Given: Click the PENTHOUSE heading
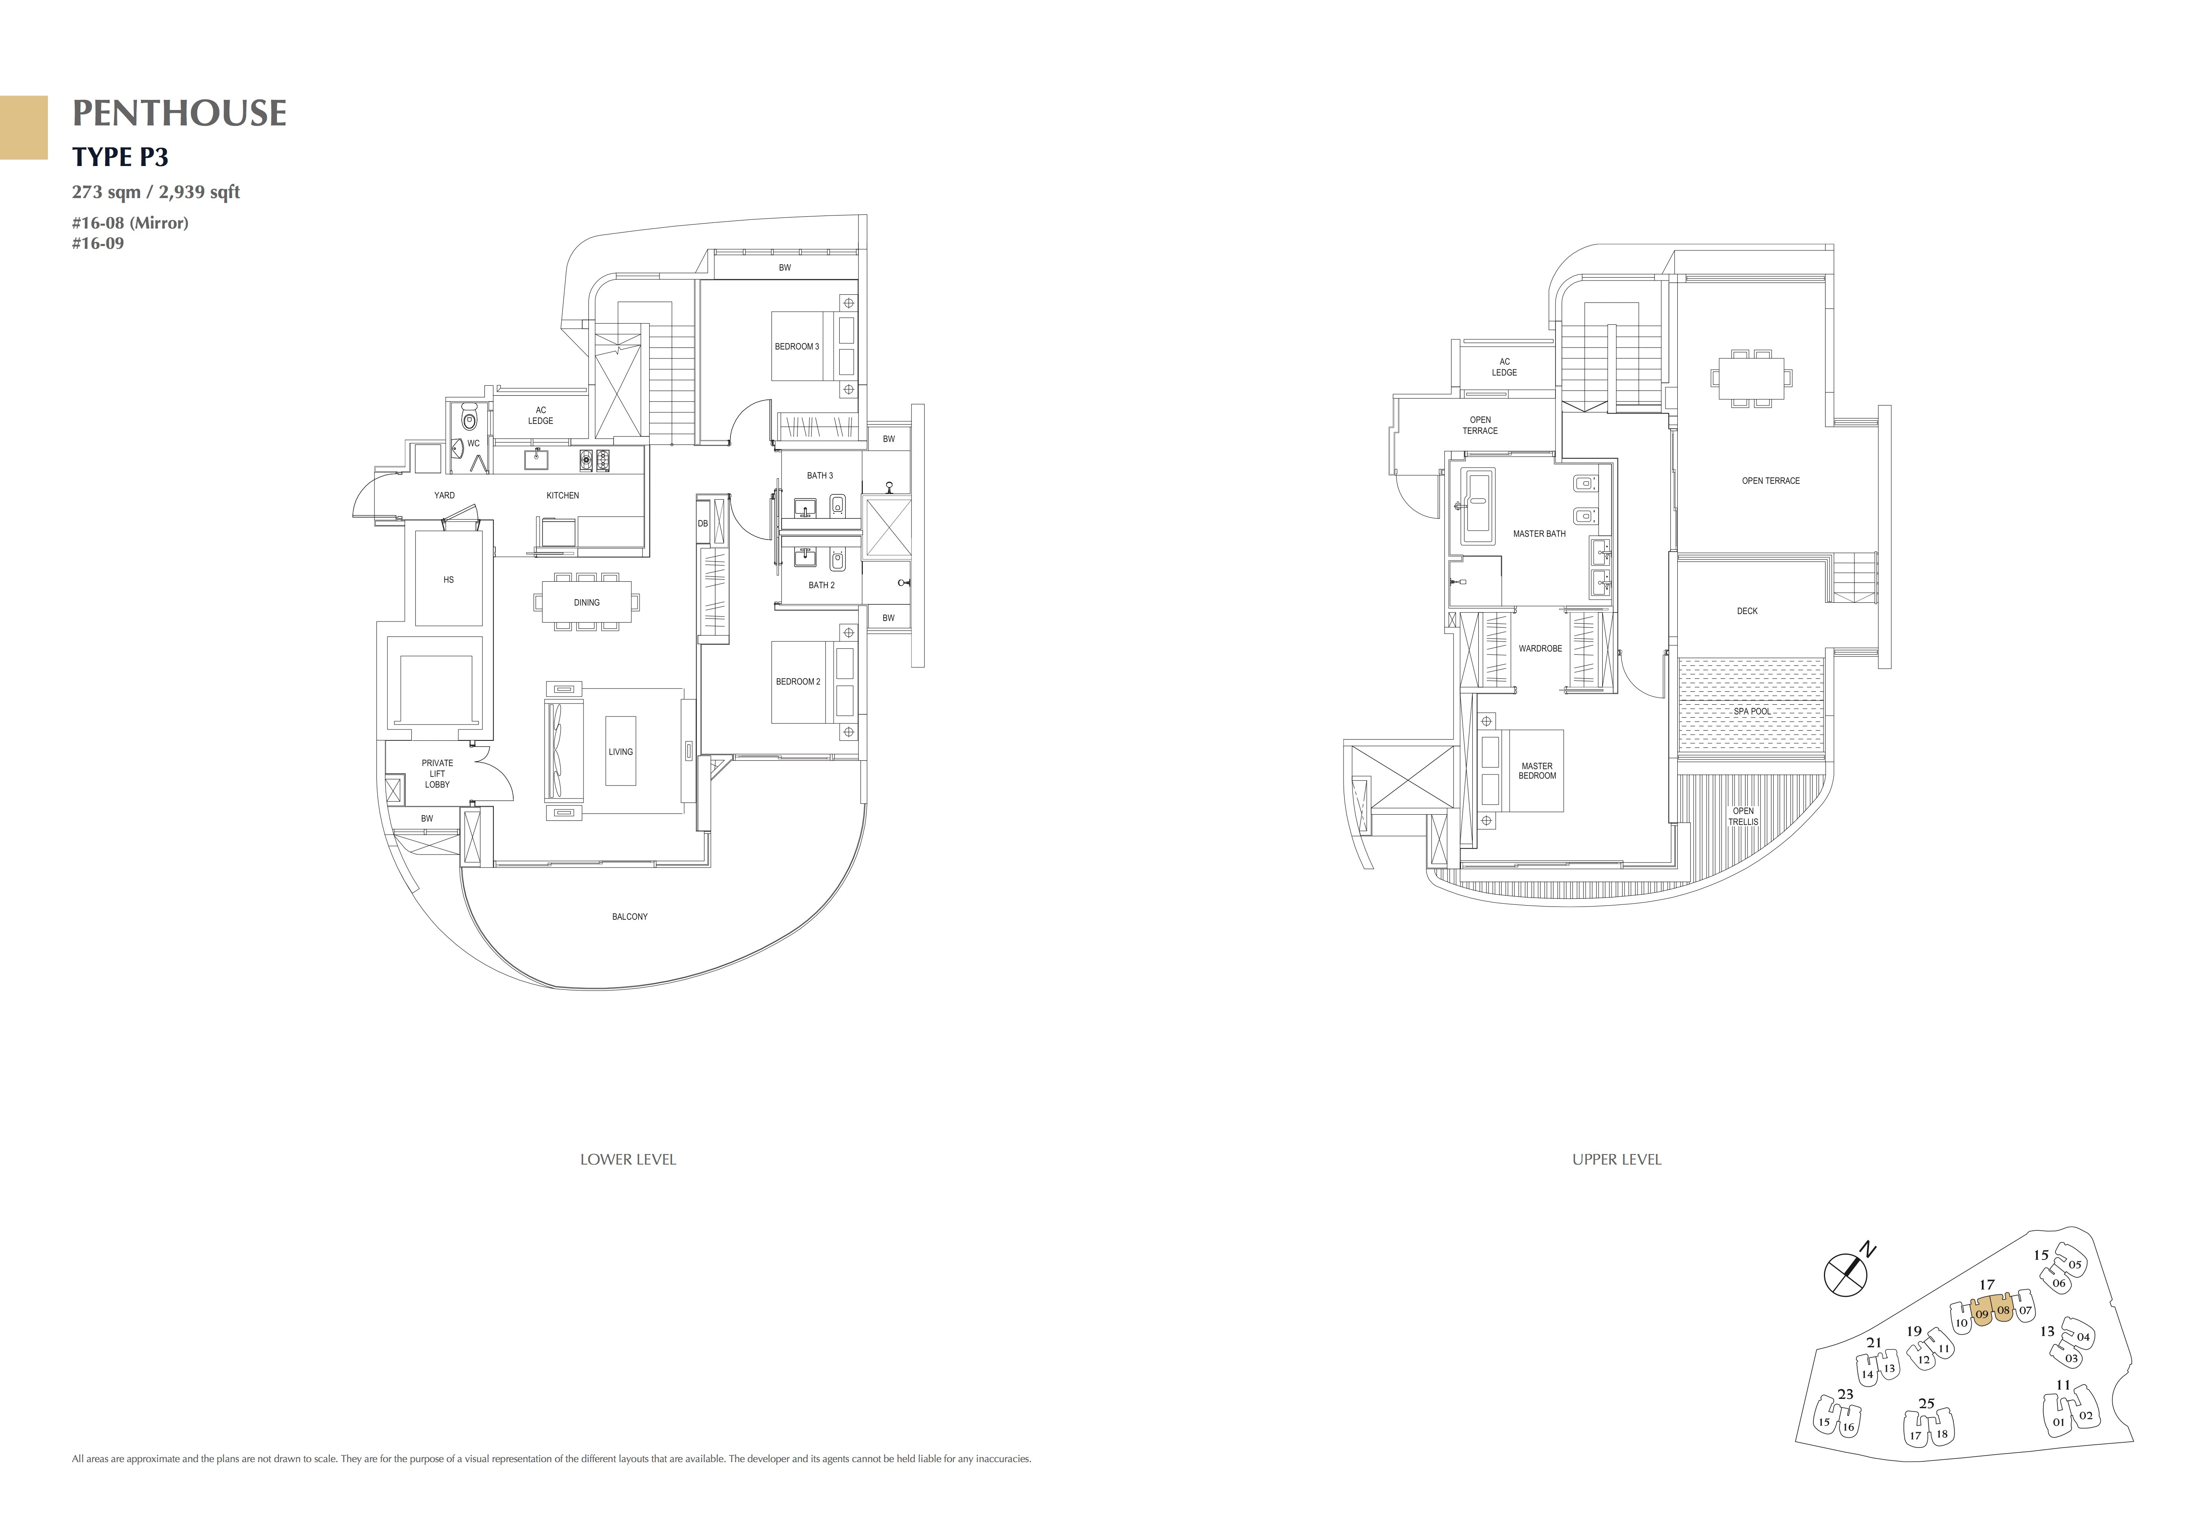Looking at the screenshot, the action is click(179, 113).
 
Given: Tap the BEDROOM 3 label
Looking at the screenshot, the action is click(797, 347).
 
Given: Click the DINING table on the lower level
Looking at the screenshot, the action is click(586, 602).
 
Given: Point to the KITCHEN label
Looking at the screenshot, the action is click(563, 496).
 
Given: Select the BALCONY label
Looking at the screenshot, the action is click(629, 917).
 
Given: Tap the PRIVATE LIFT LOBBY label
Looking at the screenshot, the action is click(437, 774).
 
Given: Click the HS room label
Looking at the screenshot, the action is click(449, 580).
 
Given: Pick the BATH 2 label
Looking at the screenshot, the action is click(821, 585).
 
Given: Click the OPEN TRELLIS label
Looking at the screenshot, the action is click(1743, 816).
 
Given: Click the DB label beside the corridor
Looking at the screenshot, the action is click(702, 524).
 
